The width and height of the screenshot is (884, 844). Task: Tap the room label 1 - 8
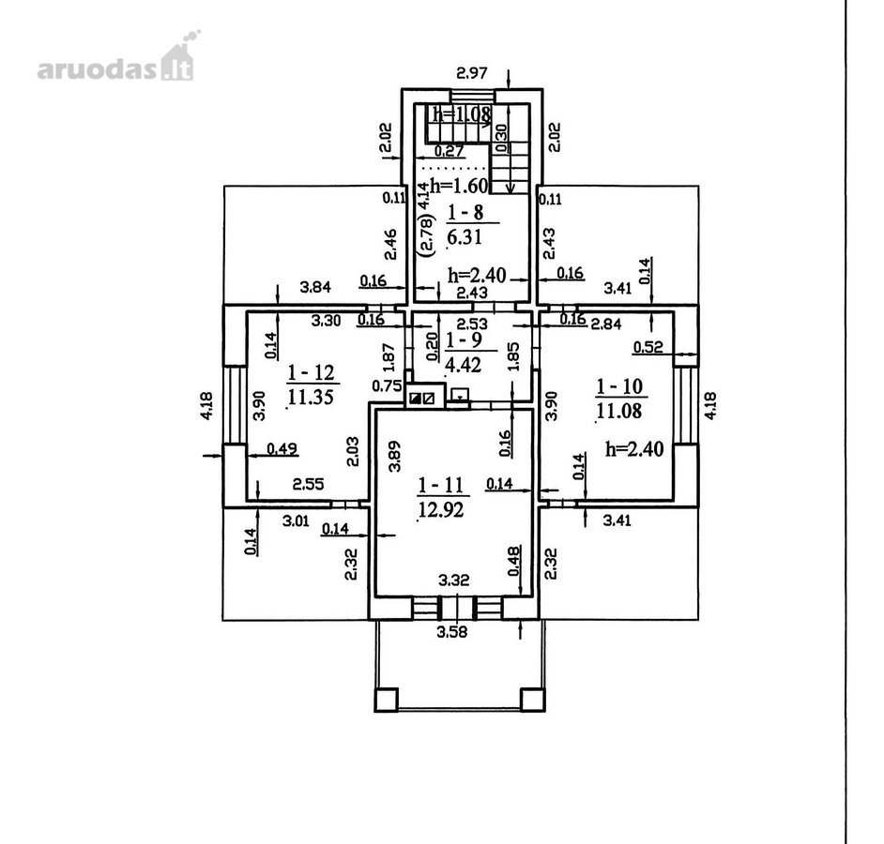[465, 213]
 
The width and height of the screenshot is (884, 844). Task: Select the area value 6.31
[465, 236]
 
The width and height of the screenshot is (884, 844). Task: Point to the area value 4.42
[464, 365]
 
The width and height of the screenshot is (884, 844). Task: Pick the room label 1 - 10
[619, 386]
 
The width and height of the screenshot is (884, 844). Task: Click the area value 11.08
[619, 411]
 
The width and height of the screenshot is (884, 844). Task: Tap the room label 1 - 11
[441, 485]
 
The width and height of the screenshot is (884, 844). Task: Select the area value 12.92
[441, 510]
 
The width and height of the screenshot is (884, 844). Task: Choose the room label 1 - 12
[312, 372]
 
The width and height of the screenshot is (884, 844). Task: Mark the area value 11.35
[311, 397]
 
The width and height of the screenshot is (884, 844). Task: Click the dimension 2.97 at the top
[471, 73]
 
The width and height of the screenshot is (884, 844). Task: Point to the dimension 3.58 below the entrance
[452, 632]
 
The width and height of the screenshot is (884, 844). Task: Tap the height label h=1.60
[458, 185]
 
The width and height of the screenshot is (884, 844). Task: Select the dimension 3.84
[315, 287]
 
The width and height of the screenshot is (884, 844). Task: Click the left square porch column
[387, 700]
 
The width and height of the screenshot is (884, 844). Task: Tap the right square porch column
[533, 700]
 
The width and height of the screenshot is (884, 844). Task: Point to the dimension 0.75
[388, 386]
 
